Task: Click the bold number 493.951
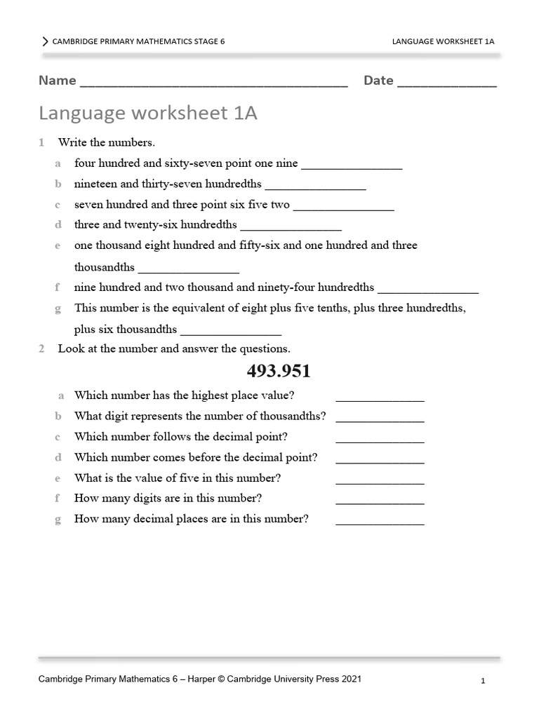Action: click(x=279, y=371)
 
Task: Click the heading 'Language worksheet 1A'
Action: click(x=148, y=113)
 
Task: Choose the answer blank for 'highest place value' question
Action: click(x=380, y=400)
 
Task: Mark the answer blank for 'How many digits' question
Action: click(x=380, y=503)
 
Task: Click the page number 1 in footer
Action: click(x=484, y=681)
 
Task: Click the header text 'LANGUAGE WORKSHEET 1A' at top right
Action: click(x=443, y=41)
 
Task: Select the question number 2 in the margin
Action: click(x=41, y=348)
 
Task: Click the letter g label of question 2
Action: click(x=60, y=519)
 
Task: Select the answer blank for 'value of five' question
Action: click(x=380, y=482)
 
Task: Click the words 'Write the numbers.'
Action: click(x=106, y=142)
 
